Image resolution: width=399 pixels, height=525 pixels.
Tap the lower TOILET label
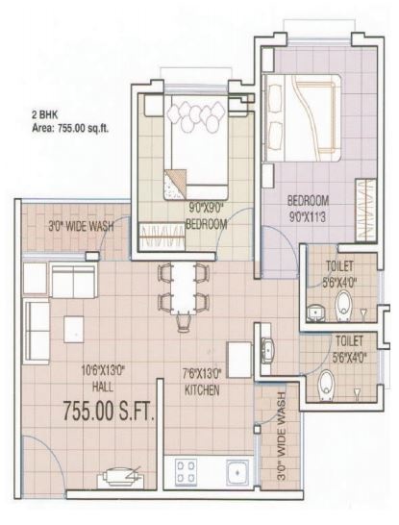(348, 340)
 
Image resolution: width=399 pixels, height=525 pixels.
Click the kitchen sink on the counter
(236, 470)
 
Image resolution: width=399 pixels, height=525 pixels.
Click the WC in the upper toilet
(343, 307)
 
